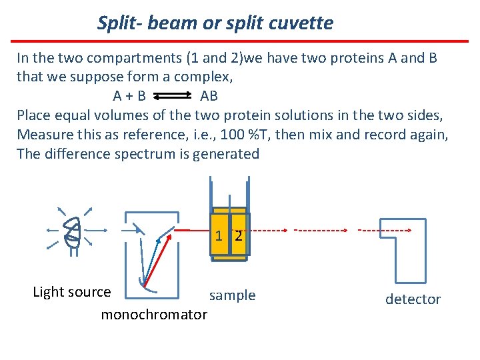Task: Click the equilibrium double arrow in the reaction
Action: coord(172,96)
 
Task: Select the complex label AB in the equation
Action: coord(209,96)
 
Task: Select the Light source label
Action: coord(72,292)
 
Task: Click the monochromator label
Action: coord(154,314)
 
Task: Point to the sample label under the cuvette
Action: coord(232,295)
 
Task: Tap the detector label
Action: coord(413,299)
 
